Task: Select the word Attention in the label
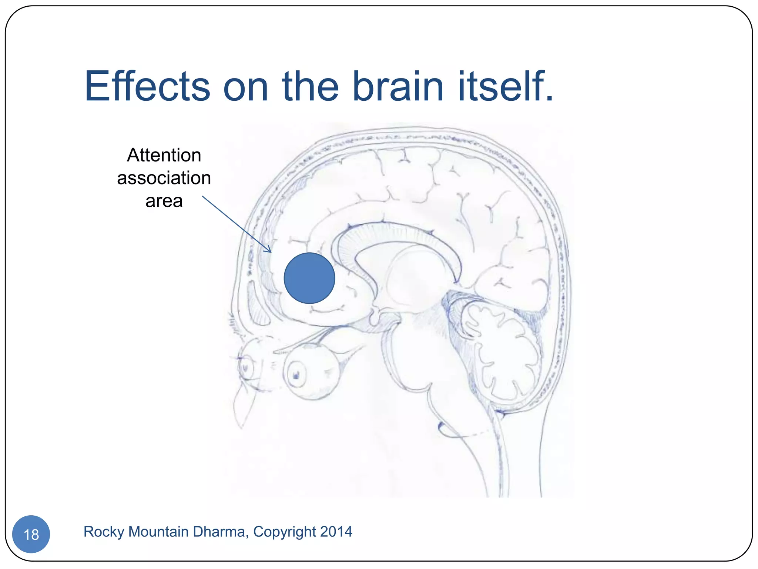pos(164,155)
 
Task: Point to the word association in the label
pos(164,178)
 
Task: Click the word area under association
pos(164,201)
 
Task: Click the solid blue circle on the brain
pos(309,278)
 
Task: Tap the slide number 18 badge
pos(31,534)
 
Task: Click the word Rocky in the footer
pos(104,532)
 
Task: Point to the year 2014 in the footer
pos(336,532)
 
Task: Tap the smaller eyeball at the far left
pos(246,367)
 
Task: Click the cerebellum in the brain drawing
pos(503,352)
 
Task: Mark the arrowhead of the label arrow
pos(270,251)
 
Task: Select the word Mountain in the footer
pos(158,532)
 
